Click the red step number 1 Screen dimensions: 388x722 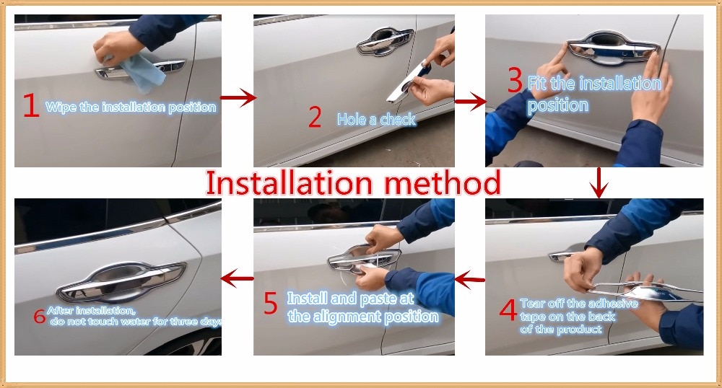click(x=30, y=106)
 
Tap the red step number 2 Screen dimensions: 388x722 click(x=314, y=117)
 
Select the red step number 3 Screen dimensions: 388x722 click(x=514, y=80)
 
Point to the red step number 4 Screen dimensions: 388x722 click(x=508, y=311)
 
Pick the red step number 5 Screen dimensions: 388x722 click(x=270, y=304)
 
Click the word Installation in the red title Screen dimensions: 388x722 click(x=290, y=183)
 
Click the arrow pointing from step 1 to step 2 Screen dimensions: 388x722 click(x=238, y=99)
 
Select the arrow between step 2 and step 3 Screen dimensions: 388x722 click(x=470, y=103)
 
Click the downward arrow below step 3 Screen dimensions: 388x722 click(x=599, y=183)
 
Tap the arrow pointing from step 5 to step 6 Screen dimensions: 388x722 click(x=238, y=278)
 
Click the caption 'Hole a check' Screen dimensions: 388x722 click(x=376, y=119)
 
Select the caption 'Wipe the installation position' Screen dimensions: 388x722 click(x=131, y=107)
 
